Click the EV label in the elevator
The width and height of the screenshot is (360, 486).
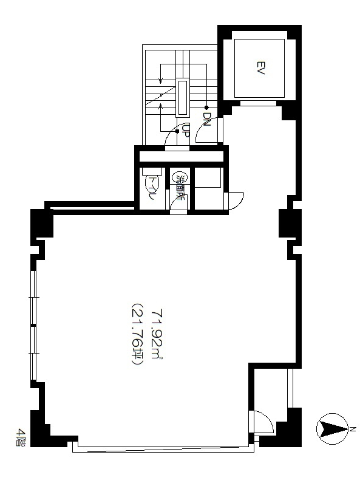pos(260,68)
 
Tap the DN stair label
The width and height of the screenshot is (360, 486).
pos(206,119)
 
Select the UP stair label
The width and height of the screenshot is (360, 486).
pos(185,130)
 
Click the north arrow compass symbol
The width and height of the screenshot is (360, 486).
pos(333,429)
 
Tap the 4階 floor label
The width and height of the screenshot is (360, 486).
pos(21,437)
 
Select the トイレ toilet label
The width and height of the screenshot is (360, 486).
pos(151,188)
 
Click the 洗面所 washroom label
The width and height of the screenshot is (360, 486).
pos(180,187)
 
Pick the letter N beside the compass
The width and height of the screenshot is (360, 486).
pos(353,429)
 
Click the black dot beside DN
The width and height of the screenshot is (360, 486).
pos(206,108)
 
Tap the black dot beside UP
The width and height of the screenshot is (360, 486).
pos(177,131)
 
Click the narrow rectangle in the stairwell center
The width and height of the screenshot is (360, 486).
pos(182,98)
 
